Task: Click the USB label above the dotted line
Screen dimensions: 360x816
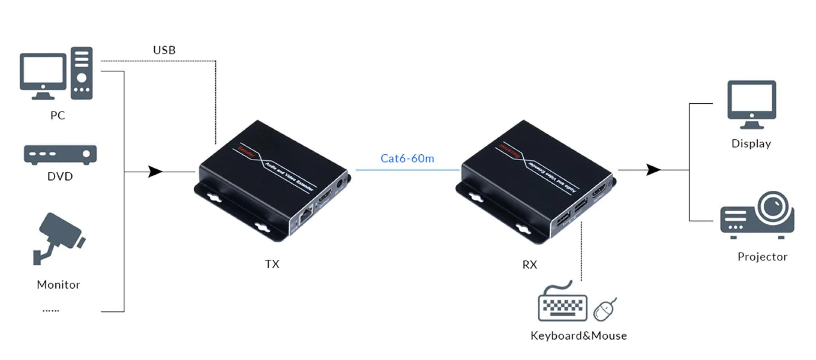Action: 164,50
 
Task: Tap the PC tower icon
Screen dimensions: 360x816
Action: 82,73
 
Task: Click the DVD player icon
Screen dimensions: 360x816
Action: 60,155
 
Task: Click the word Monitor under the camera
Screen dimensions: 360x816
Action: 58,284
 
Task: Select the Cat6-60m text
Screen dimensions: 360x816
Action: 407,159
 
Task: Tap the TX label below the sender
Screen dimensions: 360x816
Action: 272,264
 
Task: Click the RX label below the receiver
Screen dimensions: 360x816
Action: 530,264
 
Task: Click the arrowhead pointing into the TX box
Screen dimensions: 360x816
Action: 155,172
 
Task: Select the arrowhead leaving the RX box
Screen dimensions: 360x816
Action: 653,170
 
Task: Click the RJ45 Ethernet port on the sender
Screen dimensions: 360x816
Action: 306,217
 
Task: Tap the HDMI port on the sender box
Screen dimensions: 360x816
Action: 325,196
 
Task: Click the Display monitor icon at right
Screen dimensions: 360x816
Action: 751,104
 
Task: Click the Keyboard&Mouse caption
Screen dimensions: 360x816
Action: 578,336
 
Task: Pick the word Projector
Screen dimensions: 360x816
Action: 762,257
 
